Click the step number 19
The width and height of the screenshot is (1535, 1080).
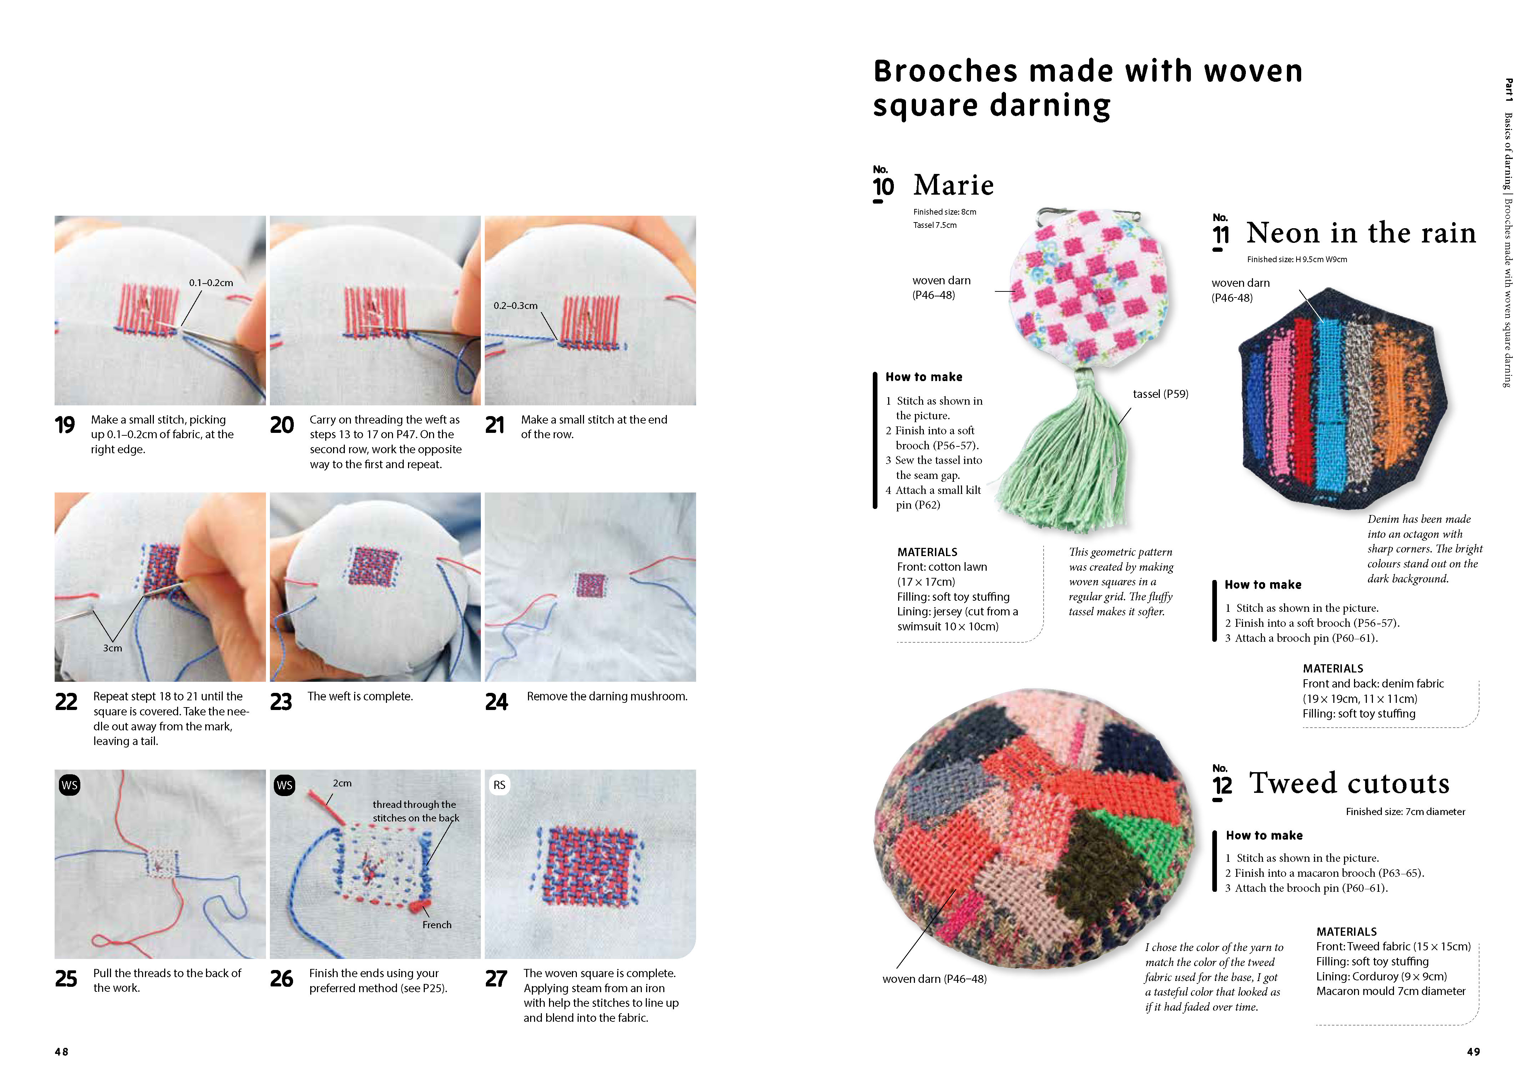pyautogui.click(x=65, y=425)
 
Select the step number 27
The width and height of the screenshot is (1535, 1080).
pyautogui.click(x=496, y=979)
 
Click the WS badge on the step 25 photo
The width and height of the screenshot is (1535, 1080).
pyautogui.click(x=70, y=785)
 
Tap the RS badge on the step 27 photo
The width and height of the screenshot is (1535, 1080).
pyautogui.click(x=499, y=785)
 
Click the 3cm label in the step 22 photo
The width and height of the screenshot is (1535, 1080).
pyautogui.click(x=112, y=648)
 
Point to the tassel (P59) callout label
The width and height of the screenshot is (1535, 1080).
pyautogui.click(x=1160, y=394)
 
